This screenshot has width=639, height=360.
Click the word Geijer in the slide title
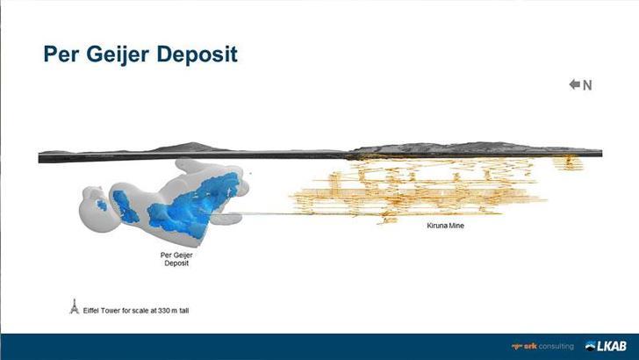tap(124, 54)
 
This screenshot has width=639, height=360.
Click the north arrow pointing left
tap(575, 84)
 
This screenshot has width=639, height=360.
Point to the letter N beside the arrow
tap(587, 85)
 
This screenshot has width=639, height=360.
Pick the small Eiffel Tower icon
tap(75, 307)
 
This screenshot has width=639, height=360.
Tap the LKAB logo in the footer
tap(607, 346)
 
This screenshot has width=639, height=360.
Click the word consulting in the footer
tap(556, 346)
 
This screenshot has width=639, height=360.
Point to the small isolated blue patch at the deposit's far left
tap(102, 205)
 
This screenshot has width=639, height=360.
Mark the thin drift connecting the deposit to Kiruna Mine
tap(263, 213)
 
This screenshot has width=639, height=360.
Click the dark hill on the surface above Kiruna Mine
tap(474, 147)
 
